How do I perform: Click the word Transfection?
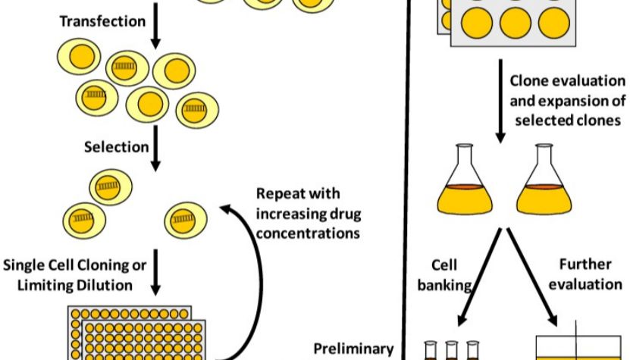(x=102, y=21)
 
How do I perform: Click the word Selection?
(x=117, y=146)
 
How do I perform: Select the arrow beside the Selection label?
(x=155, y=149)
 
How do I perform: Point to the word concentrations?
(x=308, y=233)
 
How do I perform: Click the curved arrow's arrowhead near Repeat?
(x=226, y=209)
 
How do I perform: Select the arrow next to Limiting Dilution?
(x=155, y=272)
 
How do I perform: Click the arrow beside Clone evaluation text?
(x=500, y=102)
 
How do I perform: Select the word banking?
(x=444, y=285)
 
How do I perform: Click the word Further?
(x=585, y=265)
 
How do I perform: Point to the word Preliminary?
(x=353, y=349)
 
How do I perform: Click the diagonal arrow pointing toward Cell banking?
(x=480, y=277)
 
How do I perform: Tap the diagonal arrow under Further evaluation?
(x=532, y=277)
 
